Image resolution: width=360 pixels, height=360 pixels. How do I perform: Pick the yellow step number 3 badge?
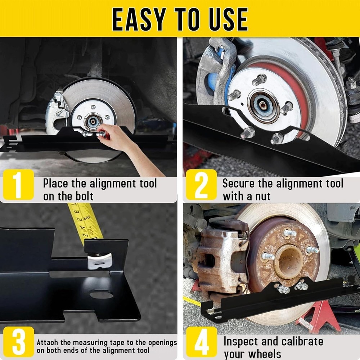click(18, 342)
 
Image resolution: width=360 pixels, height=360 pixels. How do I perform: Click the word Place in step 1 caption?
click(56, 183)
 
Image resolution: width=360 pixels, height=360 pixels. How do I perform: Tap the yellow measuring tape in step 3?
click(85, 221)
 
